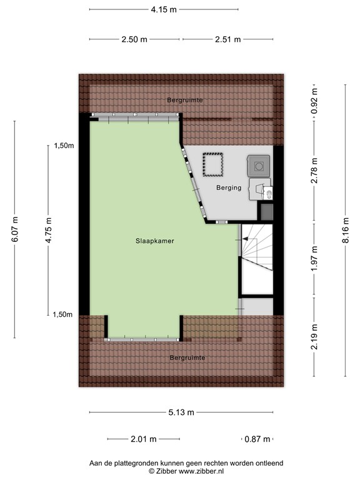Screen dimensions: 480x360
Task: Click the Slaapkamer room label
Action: (153, 241)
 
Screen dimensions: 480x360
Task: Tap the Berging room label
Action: (228, 187)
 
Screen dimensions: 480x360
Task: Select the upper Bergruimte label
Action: (185, 100)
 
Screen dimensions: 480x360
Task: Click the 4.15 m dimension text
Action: (163, 9)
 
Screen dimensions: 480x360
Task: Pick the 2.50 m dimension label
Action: (134, 39)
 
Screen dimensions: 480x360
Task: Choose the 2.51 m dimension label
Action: (227, 39)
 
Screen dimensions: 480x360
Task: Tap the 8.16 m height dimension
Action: (346, 229)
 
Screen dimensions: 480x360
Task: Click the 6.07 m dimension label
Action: (15, 229)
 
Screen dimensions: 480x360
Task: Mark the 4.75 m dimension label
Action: (48, 229)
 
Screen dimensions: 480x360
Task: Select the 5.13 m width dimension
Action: (181, 412)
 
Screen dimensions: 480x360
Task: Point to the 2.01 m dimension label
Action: (143, 439)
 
